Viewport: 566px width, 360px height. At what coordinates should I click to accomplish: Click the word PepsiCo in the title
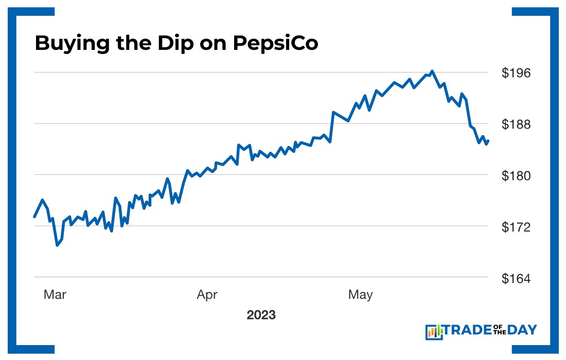click(276, 44)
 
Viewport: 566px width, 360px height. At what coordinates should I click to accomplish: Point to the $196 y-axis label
click(516, 73)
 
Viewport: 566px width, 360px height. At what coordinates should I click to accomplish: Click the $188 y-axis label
click(516, 124)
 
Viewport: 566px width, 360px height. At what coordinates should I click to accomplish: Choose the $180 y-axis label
click(516, 175)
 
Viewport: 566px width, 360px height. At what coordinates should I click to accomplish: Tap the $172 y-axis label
click(516, 226)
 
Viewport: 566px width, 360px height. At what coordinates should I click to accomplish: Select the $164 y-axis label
click(516, 278)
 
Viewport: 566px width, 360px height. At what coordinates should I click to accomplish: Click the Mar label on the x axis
click(55, 295)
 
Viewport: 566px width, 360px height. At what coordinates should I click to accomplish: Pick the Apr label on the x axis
click(207, 295)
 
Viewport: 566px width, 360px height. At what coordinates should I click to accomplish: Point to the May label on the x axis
click(360, 295)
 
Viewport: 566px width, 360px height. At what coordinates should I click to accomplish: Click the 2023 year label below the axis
click(261, 315)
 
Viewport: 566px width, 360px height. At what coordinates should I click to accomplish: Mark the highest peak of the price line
click(432, 71)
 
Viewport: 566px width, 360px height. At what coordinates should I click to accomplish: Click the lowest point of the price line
click(57, 245)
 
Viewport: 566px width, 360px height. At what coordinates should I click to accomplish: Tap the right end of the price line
click(488, 140)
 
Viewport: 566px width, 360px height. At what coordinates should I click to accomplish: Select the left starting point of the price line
click(34, 217)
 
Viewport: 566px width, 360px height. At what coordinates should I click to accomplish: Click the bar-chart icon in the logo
click(434, 332)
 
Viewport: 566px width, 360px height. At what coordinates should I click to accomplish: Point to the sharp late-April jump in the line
click(332, 126)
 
